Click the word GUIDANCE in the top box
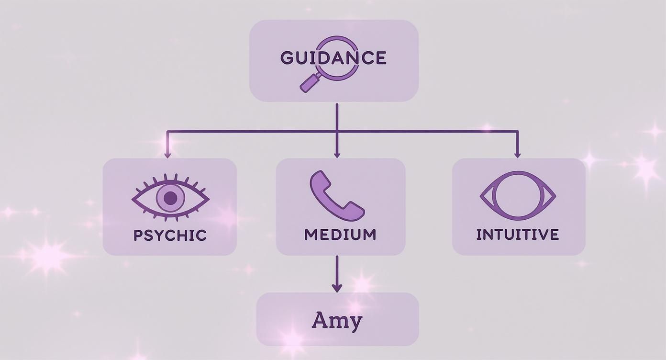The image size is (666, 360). coord(333,58)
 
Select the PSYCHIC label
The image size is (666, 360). coord(170,235)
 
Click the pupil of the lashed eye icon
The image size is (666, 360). coord(170,198)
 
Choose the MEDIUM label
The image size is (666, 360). coord(340,235)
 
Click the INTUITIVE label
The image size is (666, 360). coord(518,235)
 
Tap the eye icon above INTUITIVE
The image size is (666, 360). coord(518,196)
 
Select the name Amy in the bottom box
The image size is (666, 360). coord(337,320)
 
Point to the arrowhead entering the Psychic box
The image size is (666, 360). coord(167,155)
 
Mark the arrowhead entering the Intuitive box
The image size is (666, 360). coord(517,155)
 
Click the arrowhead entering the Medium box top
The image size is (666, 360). coord(337,155)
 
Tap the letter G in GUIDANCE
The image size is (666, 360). coord(287,58)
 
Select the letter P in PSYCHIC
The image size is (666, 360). coord(138,235)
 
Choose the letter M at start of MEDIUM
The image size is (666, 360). coord(311,235)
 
